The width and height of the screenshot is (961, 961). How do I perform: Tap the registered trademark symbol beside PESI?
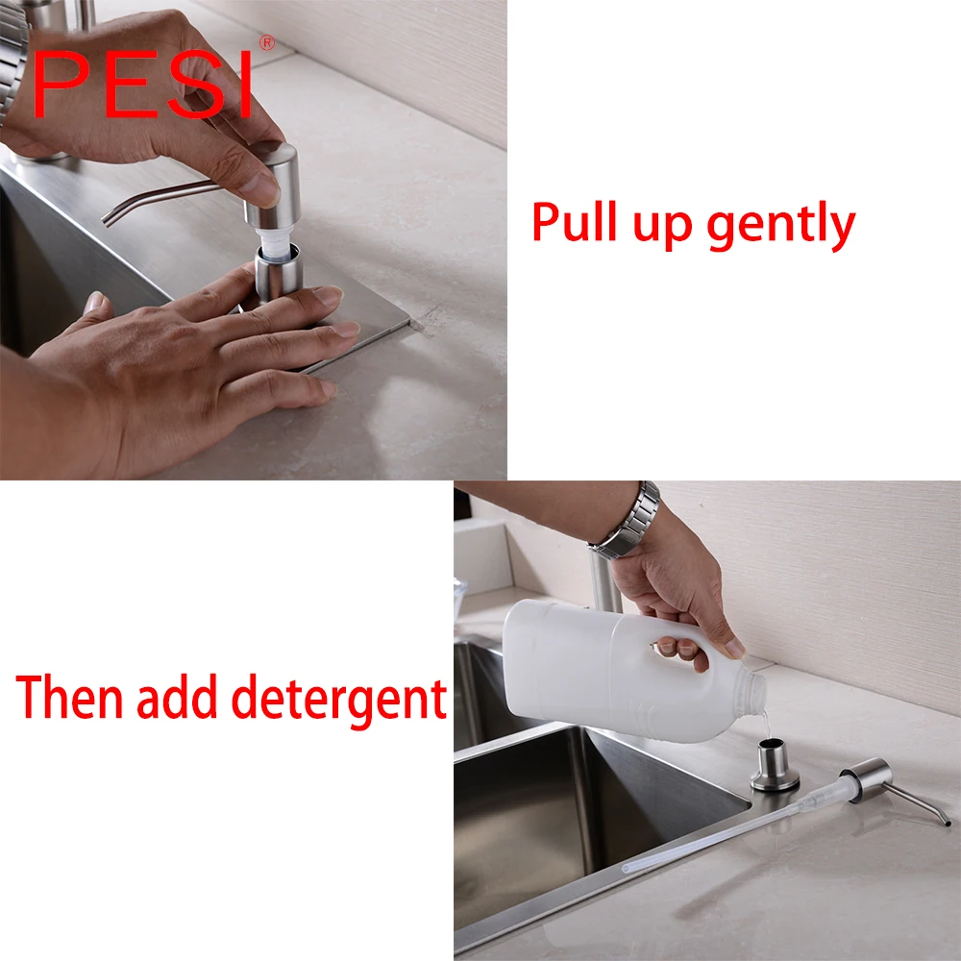tap(267, 42)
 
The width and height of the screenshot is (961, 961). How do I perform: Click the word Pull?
tap(577, 223)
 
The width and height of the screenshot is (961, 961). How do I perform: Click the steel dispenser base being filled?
tap(774, 765)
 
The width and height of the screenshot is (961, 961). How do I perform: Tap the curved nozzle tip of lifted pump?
tap(111, 217)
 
